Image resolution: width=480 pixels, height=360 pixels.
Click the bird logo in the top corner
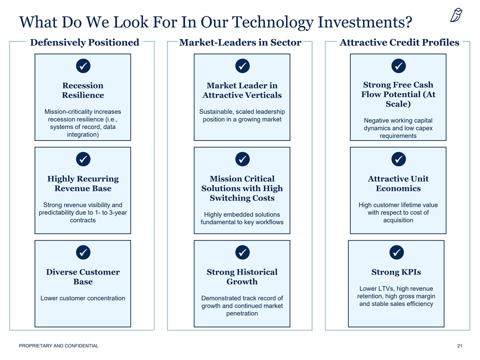[x=456, y=15]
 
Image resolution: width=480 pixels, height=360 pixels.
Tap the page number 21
[x=460, y=346]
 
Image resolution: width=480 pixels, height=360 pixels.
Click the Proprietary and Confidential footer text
[x=59, y=346]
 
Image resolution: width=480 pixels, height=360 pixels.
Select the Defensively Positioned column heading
[x=84, y=42]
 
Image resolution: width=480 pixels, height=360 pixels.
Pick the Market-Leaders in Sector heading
[x=240, y=42]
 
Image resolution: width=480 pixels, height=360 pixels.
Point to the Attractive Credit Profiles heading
[x=399, y=42]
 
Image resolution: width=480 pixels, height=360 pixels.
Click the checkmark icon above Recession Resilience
[x=83, y=66]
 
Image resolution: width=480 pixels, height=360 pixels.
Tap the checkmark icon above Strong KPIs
[x=396, y=252]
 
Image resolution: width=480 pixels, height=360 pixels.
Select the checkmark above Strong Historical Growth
[x=242, y=252]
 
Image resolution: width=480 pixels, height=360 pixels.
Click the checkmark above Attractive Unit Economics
[x=398, y=159]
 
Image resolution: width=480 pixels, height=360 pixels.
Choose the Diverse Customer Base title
[x=83, y=276]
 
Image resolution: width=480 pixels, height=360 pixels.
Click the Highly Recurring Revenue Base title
[x=83, y=183]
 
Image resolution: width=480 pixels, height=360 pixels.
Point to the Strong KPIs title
[x=396, y=272]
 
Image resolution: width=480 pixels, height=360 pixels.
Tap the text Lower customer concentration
[x=82, y=298]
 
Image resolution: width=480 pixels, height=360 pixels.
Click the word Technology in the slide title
[x=273, y=22]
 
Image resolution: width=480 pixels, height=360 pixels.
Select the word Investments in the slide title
[x=365, y=22]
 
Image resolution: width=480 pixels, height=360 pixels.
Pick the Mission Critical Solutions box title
[x=242, y=188]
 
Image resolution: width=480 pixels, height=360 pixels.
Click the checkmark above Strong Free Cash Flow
[x=398, y=66]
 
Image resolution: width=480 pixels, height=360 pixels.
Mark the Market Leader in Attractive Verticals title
[x=242, y=90]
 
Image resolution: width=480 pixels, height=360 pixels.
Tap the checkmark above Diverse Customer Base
[x=83, y=252]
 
